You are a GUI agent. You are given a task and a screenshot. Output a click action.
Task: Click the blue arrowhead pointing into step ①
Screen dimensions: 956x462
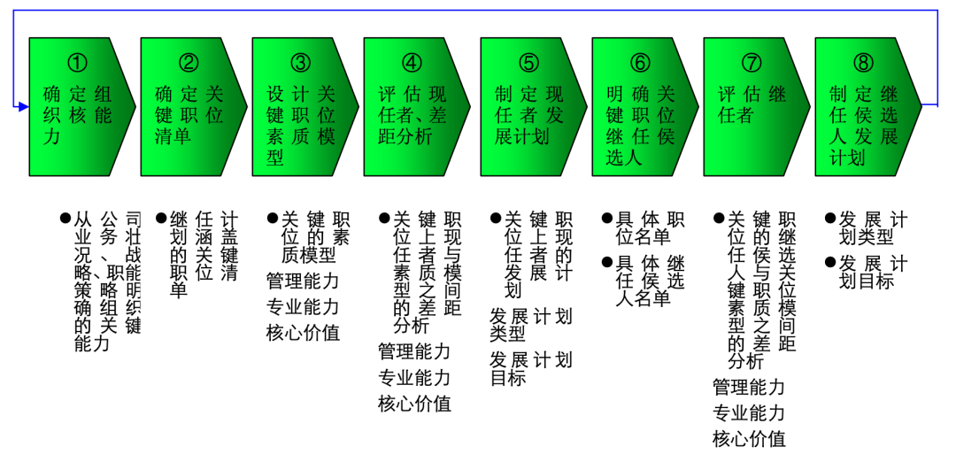[24, 106]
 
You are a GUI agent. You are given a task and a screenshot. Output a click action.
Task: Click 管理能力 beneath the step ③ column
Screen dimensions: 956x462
[303, 282]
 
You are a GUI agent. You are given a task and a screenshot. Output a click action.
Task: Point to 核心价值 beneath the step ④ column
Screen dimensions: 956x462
[414, 404]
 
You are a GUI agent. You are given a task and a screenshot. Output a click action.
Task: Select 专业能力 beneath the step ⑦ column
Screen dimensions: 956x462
[749, 412]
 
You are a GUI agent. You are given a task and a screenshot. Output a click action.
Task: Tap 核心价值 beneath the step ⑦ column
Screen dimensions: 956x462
[749, 438]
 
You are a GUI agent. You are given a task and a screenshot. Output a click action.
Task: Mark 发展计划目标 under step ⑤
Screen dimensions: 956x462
[530, 368]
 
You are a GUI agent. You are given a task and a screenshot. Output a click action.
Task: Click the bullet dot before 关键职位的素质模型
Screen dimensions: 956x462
[273, 218]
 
